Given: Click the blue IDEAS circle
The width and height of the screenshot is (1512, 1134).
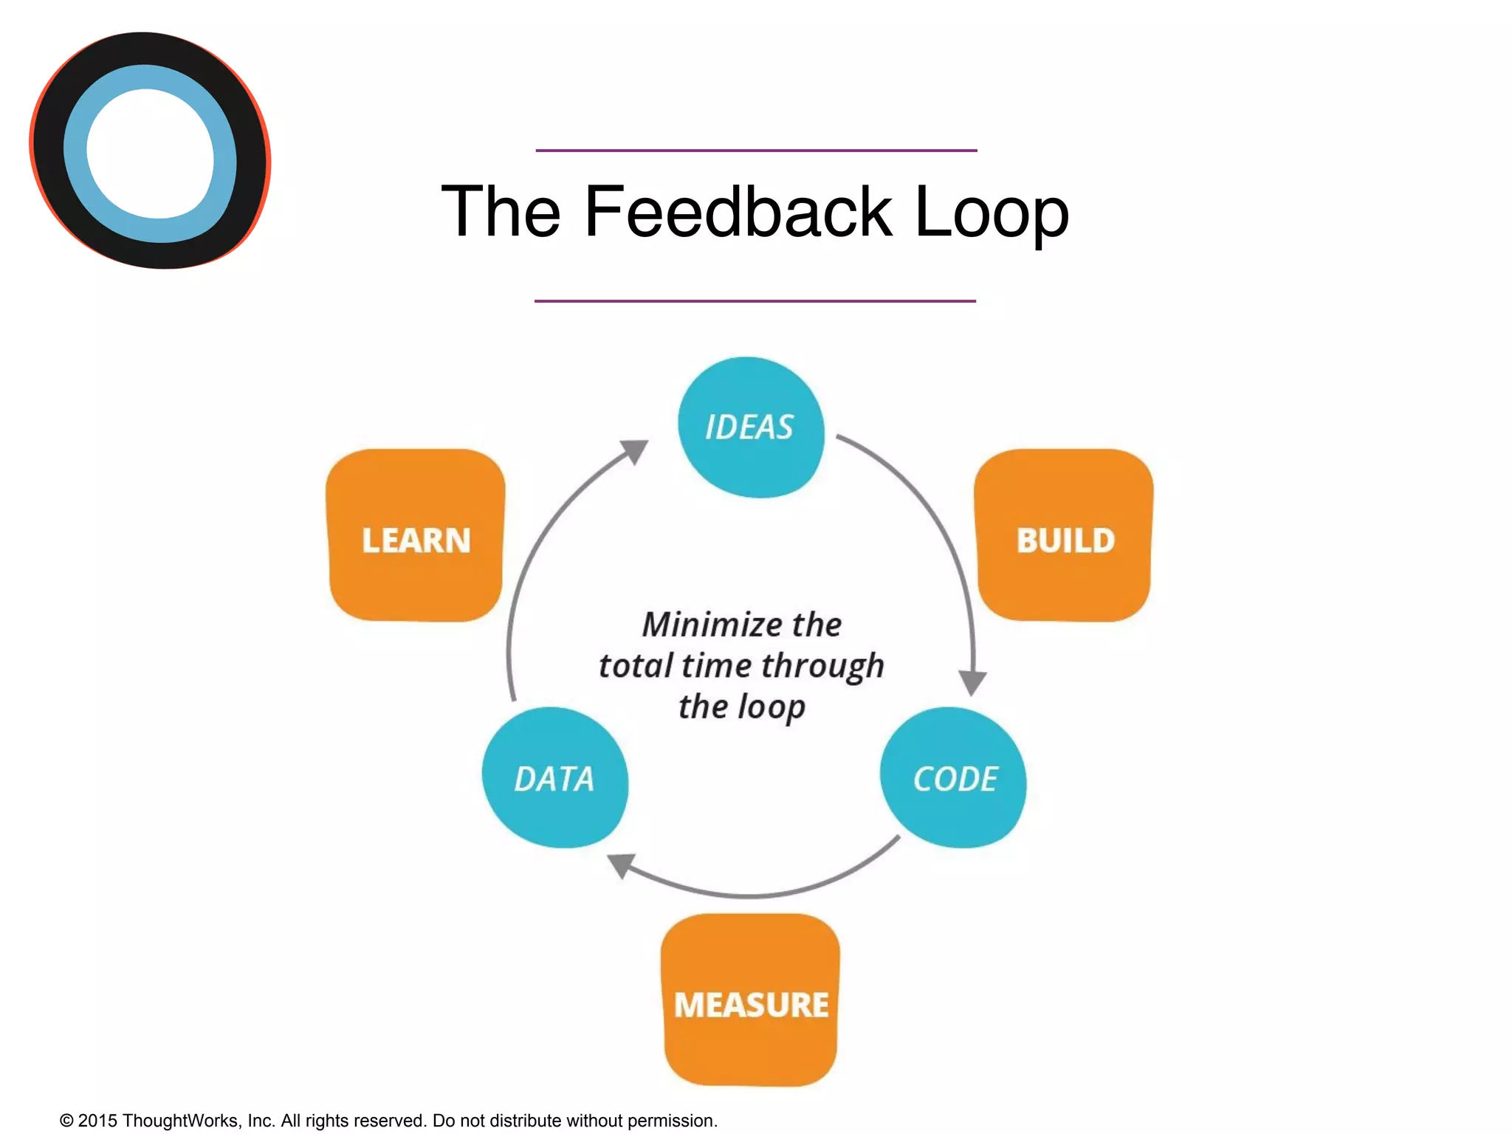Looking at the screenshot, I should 750,427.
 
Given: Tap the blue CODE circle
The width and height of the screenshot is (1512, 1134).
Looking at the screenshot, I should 954,778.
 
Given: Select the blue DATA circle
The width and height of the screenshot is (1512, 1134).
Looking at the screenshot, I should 554,778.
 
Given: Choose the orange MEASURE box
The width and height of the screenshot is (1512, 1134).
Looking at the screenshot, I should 751,1001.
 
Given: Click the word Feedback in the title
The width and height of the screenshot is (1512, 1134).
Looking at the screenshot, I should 738,213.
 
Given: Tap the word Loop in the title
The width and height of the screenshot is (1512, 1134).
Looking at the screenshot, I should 991,213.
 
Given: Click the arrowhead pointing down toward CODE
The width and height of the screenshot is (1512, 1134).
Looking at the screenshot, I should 972,681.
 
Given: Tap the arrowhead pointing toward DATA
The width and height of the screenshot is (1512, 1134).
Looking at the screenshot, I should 621,865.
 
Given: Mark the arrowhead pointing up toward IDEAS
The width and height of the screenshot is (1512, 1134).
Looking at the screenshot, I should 635,450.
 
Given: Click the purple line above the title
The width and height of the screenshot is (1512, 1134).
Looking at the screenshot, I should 756,151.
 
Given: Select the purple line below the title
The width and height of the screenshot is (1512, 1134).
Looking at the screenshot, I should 755,301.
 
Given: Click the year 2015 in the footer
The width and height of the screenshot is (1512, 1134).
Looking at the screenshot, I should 97,1121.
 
